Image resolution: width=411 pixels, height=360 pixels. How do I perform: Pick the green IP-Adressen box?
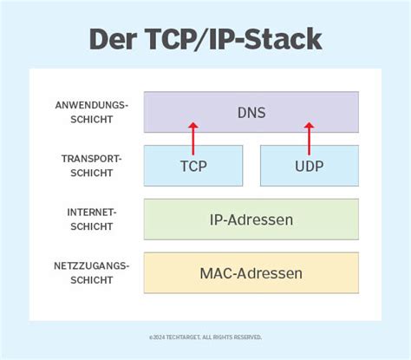251,219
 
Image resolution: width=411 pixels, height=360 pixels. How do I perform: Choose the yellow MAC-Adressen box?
251,273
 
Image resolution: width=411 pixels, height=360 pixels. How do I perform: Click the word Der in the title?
118,40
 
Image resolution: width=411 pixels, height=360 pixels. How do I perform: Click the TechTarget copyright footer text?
205,337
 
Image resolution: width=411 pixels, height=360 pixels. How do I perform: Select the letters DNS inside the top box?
251,112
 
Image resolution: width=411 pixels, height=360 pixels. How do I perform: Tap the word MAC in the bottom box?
218,273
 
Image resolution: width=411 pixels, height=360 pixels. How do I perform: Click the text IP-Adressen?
251,219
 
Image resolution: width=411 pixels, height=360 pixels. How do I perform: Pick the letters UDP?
309,166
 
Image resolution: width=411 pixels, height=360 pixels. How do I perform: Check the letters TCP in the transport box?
193,166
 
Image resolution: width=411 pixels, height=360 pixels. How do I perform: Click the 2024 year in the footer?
159,337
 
